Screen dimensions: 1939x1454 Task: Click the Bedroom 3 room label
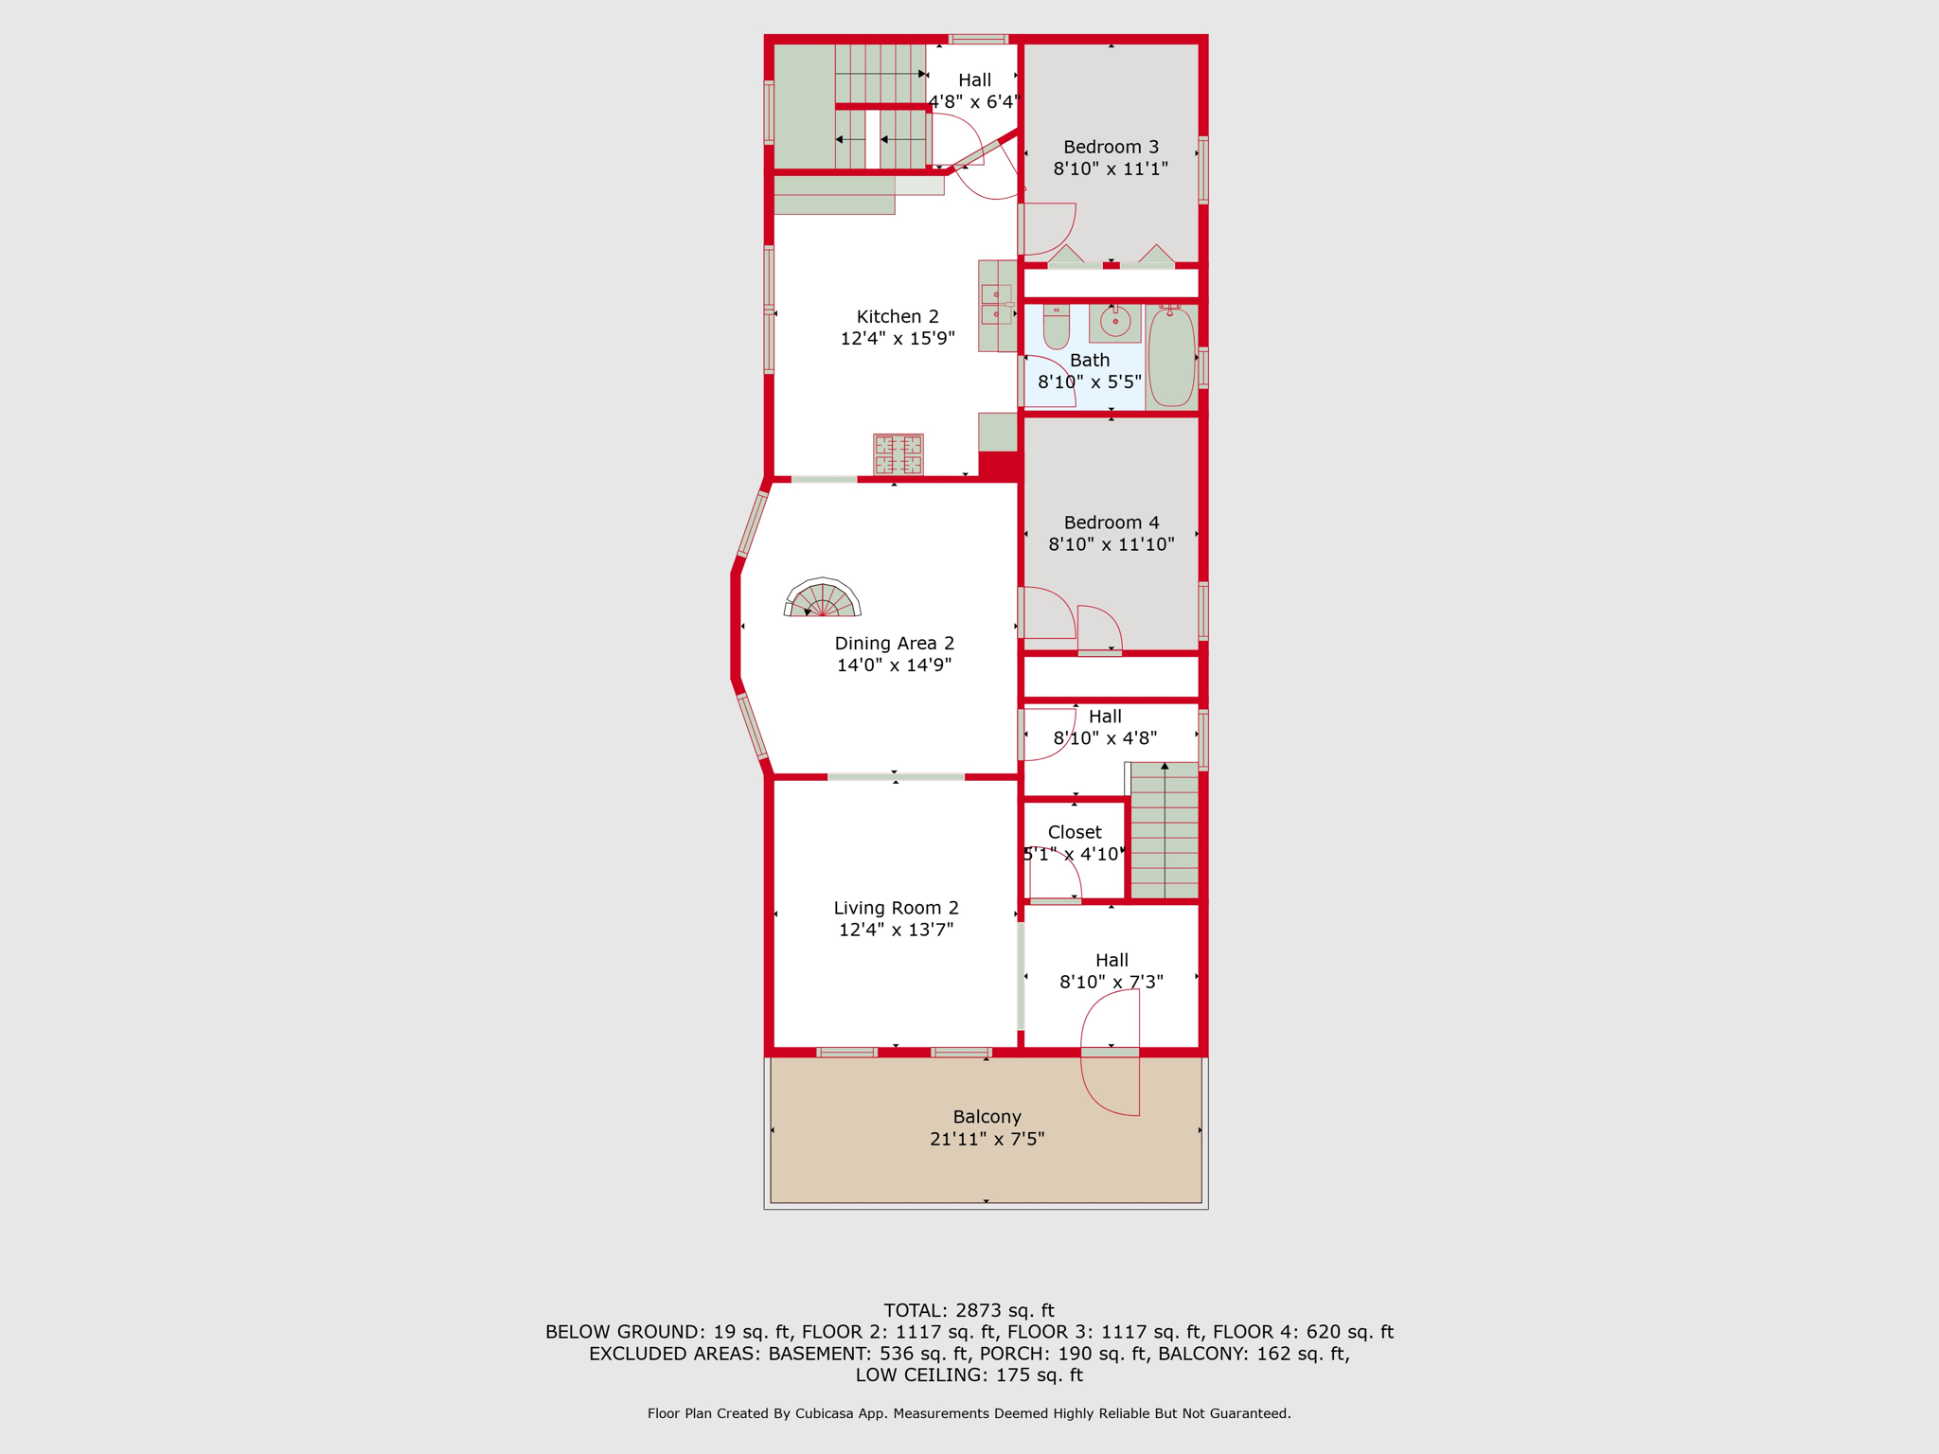(1111, 147)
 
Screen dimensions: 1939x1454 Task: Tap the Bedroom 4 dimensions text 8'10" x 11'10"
(1112, 544)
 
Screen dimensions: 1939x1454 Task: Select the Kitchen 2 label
(898, 317)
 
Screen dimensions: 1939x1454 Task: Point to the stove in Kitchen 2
(898, 454)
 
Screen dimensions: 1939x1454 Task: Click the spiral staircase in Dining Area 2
(823, 598)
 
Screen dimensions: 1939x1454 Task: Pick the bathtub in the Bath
(1172, 358)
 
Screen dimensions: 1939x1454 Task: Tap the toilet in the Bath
(1057, 327)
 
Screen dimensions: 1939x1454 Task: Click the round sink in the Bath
(1115, 322)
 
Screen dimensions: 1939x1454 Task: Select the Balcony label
(987, 1117)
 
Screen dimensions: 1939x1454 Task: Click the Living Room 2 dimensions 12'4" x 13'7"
(896, 930)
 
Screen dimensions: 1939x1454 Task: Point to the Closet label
(1075, 832)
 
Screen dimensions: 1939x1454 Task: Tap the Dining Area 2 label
(894, 644)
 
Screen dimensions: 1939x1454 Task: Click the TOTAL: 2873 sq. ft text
(969, 1311)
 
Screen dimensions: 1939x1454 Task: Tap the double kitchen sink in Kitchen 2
(996, 305)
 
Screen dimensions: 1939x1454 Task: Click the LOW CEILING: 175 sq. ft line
(969, 1375)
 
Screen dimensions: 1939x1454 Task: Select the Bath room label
(1090, 361)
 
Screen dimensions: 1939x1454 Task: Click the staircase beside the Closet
(1165, 830)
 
